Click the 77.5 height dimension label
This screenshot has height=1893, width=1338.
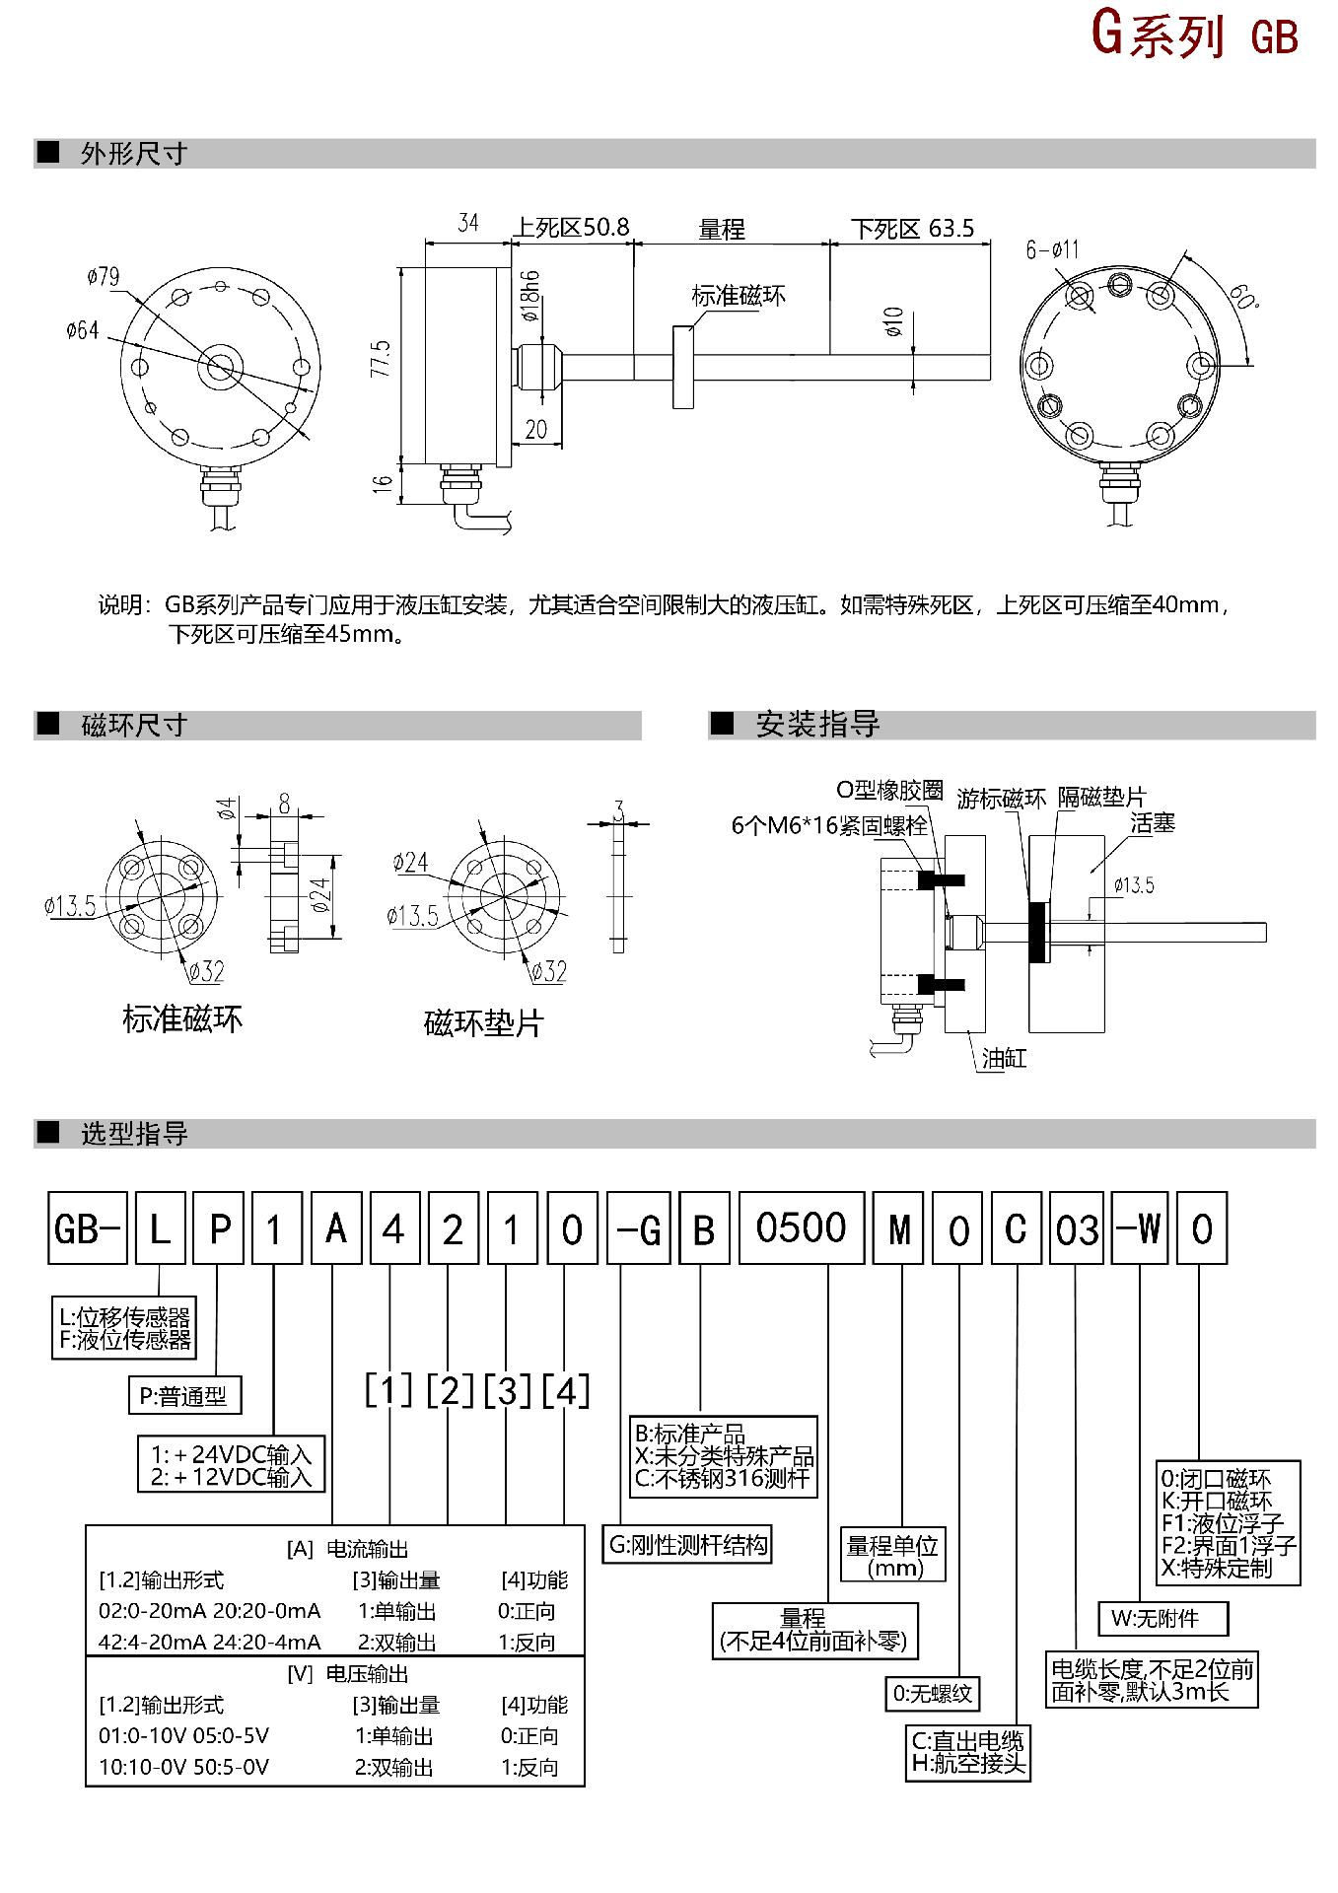click(381, 359)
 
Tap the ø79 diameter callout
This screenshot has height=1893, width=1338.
click(103, 276)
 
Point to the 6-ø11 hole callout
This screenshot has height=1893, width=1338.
click(1052, 249)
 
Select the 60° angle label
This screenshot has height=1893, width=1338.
click(1244, 296)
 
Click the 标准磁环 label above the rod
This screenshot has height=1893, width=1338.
click(739, 296)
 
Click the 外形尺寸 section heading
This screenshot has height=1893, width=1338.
click(134, 154)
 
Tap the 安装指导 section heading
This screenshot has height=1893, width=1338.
click(817, 725)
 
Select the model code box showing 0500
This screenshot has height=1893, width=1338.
click(801, 1228)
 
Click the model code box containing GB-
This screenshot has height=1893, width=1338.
click(87, 1228)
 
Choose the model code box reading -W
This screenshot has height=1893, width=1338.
click(1139, 1228)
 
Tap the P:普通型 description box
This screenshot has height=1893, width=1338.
click(183, 1396)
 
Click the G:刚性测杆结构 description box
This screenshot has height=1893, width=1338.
click(687, 1544)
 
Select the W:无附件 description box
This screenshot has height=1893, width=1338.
click(1162, 1618)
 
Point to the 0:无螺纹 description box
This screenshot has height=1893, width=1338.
click(932, 1694)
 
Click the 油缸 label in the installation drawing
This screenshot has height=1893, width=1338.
click(1004, 1059)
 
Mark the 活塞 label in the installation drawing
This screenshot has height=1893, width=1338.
click(1152, 823)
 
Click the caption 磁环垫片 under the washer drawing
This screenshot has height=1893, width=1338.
click(483, 1023)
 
